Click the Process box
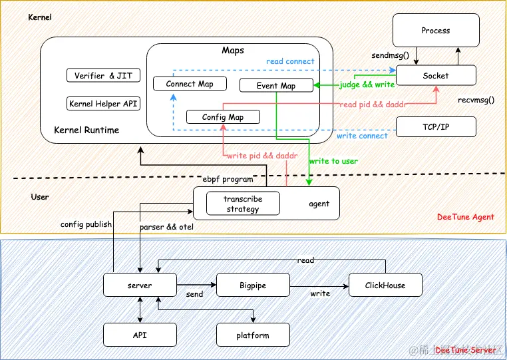436,31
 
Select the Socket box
436,76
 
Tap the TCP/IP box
436,126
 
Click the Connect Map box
190,84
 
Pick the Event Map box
276,86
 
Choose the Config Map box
223,117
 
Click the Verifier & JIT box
103,76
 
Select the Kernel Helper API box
103,104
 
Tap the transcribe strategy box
242,204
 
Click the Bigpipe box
253,285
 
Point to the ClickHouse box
385,285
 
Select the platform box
253,335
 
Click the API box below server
140,335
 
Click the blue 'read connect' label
290,61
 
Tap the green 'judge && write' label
367,85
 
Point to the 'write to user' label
333,162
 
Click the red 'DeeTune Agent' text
466,217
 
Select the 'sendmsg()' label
391,57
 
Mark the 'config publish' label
86,224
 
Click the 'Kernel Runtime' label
86,130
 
